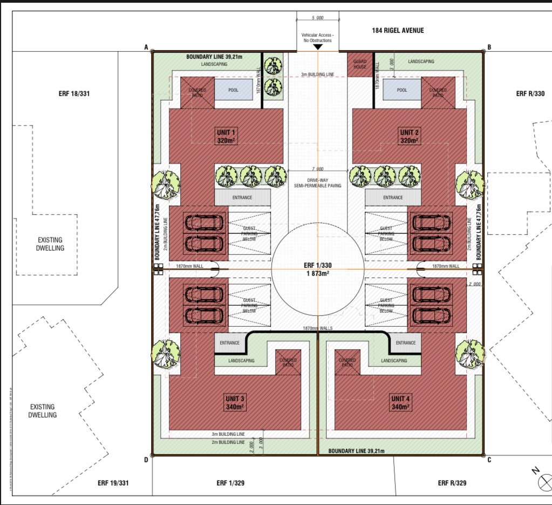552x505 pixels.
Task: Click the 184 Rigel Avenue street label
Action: coord(398,31)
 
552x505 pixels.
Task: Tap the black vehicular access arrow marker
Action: coord(318,47)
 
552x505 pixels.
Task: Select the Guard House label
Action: coord(360,64)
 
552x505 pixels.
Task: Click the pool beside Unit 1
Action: coord(234,90)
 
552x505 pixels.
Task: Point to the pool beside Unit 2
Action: coord(402,90)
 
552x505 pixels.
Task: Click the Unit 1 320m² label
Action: coord(227,137)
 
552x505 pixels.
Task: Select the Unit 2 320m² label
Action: coord(408,137)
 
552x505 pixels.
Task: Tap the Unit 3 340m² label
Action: coord(235,403)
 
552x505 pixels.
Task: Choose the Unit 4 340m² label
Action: coord(400,403)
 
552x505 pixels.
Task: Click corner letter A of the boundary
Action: coord(146,48)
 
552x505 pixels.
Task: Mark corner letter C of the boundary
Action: coord(489,460)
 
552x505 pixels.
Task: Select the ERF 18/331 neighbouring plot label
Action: coord(74,94)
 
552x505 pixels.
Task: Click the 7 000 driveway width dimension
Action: coord(317,169)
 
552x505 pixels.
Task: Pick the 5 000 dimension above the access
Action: coord(317,18)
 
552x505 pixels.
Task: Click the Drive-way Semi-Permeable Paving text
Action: coord(317,182)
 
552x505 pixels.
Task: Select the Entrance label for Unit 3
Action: coord(229,343)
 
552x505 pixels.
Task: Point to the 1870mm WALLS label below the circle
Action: coord(317,328)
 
